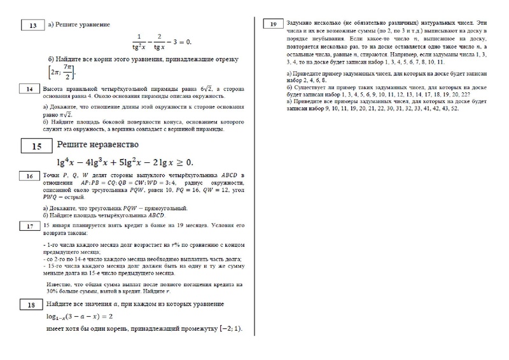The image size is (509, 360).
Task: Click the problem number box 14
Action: tap(29, 89)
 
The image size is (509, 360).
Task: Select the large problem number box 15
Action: tap(36, 146)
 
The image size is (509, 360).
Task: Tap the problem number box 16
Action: tap(29, 176)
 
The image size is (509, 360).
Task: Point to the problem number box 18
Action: tap(29, 305)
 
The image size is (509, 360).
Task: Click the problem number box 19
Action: tap(272, 25)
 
